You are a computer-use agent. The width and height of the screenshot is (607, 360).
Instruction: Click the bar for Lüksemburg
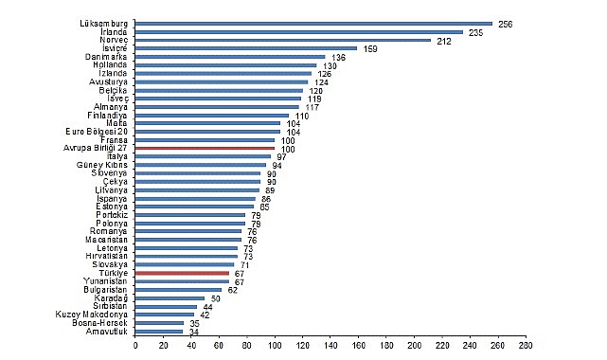314,24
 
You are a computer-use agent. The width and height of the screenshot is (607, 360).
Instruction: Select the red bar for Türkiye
183,273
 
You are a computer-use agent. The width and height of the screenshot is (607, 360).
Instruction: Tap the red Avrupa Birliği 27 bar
205,148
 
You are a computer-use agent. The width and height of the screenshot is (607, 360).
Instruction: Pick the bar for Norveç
283,40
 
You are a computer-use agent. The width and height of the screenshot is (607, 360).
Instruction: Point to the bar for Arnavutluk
159,332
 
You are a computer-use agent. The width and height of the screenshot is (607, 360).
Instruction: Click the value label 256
505,25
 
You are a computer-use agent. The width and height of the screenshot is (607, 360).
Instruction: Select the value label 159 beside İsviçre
370,49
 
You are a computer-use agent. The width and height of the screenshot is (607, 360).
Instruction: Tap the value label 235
475,33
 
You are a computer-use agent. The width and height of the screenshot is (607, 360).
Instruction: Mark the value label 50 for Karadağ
216,298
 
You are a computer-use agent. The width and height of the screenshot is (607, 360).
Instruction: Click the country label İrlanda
114,32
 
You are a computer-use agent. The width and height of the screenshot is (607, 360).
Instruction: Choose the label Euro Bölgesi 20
97,132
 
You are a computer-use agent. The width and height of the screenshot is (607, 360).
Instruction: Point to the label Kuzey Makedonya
91,315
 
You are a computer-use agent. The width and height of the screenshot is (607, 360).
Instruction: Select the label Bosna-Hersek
99,323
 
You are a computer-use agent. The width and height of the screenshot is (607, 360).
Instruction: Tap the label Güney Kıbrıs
102,165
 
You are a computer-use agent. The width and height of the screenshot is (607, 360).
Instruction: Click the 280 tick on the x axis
527,345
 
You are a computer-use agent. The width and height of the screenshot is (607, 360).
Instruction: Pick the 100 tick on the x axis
275,345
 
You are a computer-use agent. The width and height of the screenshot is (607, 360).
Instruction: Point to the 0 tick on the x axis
135,345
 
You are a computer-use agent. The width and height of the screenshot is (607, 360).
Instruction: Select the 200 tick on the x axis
415,345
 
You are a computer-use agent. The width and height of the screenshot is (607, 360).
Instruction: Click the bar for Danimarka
230,57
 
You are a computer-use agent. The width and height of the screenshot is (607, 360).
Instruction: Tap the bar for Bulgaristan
178,290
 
